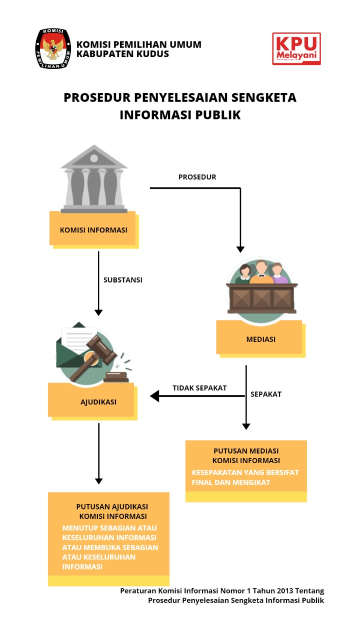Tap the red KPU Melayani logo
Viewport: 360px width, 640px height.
point(296,49)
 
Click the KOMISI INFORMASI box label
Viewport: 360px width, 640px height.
point(93,230)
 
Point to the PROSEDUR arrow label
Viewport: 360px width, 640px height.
point(197,177)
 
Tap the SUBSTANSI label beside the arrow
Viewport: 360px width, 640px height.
point(123,280)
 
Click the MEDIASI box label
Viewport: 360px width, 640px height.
point(260,339)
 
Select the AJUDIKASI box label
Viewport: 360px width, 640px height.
point(99,401)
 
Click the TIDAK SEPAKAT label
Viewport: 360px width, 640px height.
point(199,388)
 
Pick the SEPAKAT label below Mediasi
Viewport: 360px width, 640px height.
point(266,394)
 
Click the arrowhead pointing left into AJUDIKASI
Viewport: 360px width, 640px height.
point(154,396)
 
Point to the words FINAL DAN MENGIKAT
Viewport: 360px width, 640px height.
point(231,482)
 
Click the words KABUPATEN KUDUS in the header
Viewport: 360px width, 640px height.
point(123,54)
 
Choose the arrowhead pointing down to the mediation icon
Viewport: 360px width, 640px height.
point(240,249)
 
